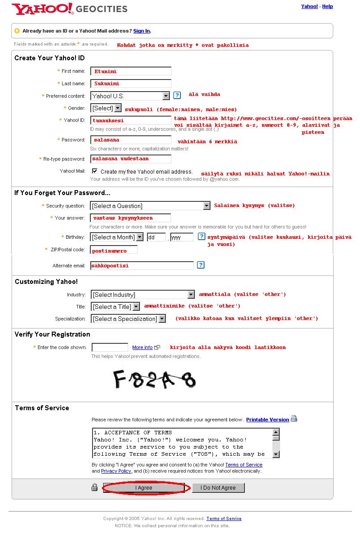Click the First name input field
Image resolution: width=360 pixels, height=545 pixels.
[131, 71]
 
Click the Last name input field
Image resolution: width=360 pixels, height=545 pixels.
[131, 83]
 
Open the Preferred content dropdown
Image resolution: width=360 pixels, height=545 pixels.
[130, 96]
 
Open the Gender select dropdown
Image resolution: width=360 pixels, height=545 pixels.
[106, 108]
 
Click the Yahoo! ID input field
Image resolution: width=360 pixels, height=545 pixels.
[131, 121]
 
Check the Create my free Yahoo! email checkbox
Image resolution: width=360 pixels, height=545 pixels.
[95, 171]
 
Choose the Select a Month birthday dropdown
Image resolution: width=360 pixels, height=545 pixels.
[117, 237]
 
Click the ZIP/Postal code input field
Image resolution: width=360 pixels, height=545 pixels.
[114, 250]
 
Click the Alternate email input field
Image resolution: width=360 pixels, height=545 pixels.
[142, 266]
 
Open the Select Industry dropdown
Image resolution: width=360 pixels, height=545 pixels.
[143, 295]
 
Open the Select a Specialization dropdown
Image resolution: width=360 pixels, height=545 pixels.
[128, 319]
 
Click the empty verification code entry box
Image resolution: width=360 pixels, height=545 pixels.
[110, 347]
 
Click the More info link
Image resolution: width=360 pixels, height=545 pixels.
[142, 347]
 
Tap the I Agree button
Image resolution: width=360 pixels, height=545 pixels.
[144, 488]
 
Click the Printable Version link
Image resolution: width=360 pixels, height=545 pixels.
[268, 420]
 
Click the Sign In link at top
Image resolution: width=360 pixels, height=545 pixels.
[142, 31]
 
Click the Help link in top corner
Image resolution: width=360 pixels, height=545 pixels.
[327, 6]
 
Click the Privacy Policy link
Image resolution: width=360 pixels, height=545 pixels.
[116, 471]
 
